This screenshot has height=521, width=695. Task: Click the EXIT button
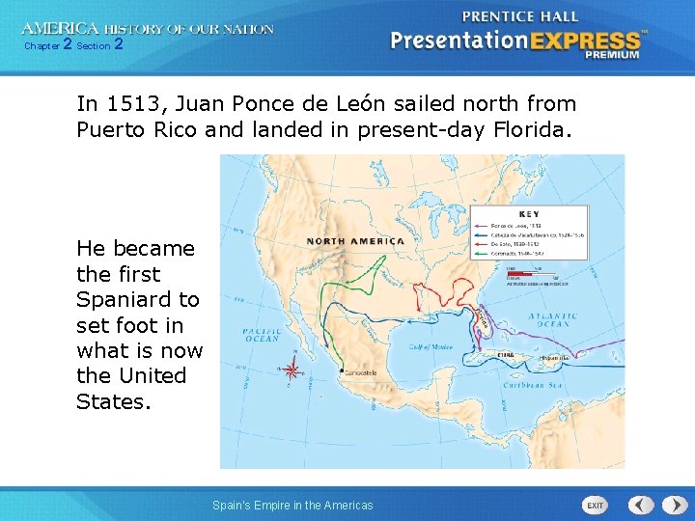(x=595, y=505)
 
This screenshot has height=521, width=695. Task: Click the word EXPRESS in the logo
(x=585, y=41)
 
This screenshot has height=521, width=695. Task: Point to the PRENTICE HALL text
(x=520, y=16)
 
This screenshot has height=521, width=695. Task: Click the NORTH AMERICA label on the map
(x=355, y=241)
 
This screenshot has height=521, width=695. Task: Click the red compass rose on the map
(x=292, y=368)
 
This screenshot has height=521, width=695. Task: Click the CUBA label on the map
(x=504, y=354)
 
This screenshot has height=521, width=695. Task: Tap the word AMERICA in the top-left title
(x=61, y=30)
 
